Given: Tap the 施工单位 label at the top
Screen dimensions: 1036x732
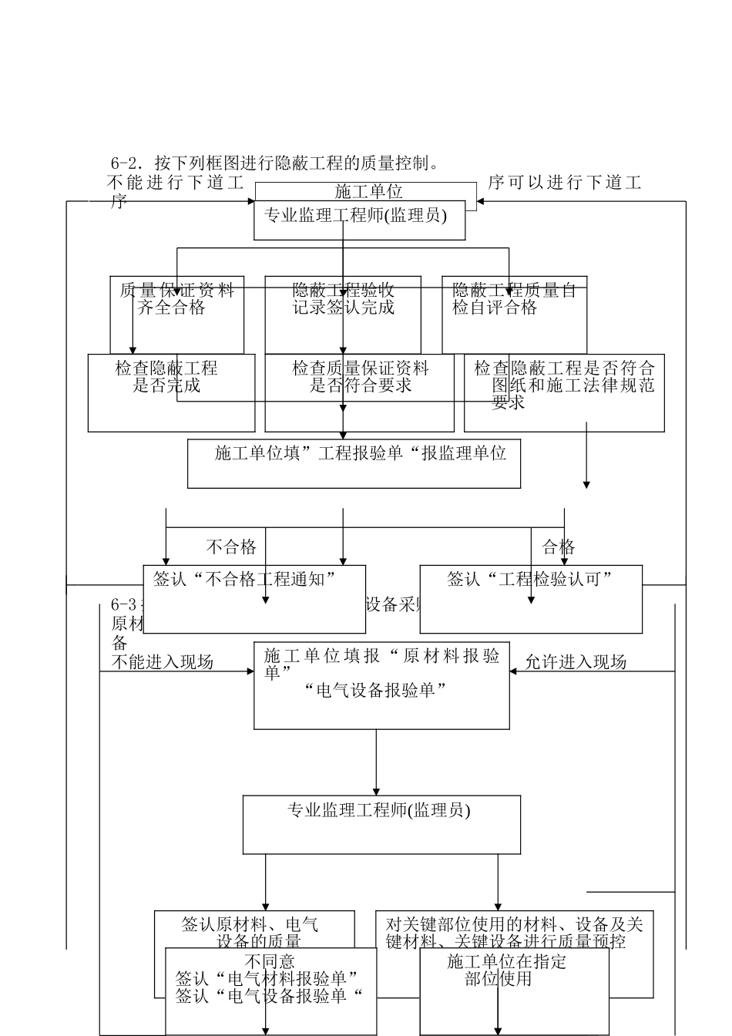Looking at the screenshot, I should (x=368, y=191).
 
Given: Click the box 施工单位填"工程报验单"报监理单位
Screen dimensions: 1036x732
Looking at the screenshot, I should (x=354, y=462).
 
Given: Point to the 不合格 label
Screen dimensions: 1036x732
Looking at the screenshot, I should (x=231, y=547).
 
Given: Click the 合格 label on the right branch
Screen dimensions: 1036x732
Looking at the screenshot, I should (x=559, y=547).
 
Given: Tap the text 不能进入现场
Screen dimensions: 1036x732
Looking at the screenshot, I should (x=163, y=662).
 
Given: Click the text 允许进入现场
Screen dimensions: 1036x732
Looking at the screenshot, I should (x=576, y=662).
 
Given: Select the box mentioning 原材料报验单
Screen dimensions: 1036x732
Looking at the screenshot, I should (x=381, y=684).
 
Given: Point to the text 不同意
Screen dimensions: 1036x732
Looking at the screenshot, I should (x=270, y=961).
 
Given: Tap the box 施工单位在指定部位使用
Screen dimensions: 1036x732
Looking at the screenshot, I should (x=514, y=991).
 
